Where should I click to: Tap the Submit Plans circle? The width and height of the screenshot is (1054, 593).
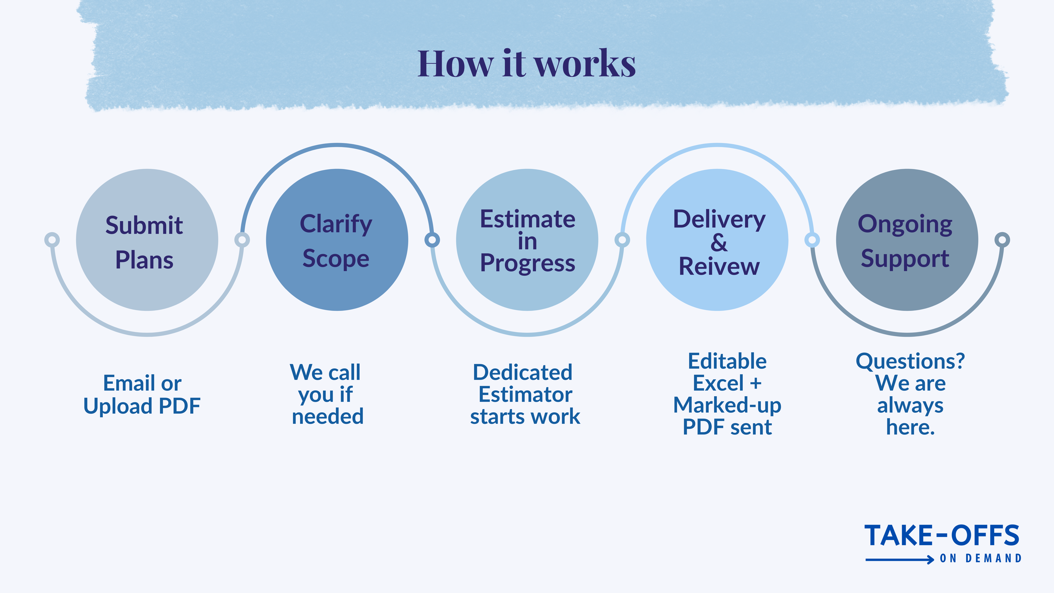147,240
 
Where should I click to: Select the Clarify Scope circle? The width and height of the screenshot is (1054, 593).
337,240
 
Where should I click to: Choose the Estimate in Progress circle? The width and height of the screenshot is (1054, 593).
527,240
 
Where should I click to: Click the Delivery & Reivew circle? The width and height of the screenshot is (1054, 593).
717,240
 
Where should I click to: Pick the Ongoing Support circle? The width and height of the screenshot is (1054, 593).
907,240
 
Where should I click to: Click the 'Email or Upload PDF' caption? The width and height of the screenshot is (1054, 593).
142,394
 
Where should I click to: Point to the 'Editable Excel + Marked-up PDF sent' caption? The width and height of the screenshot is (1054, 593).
727,394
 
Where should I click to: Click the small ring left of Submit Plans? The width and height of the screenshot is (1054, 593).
52,240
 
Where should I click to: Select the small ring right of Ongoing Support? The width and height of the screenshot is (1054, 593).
1002,240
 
